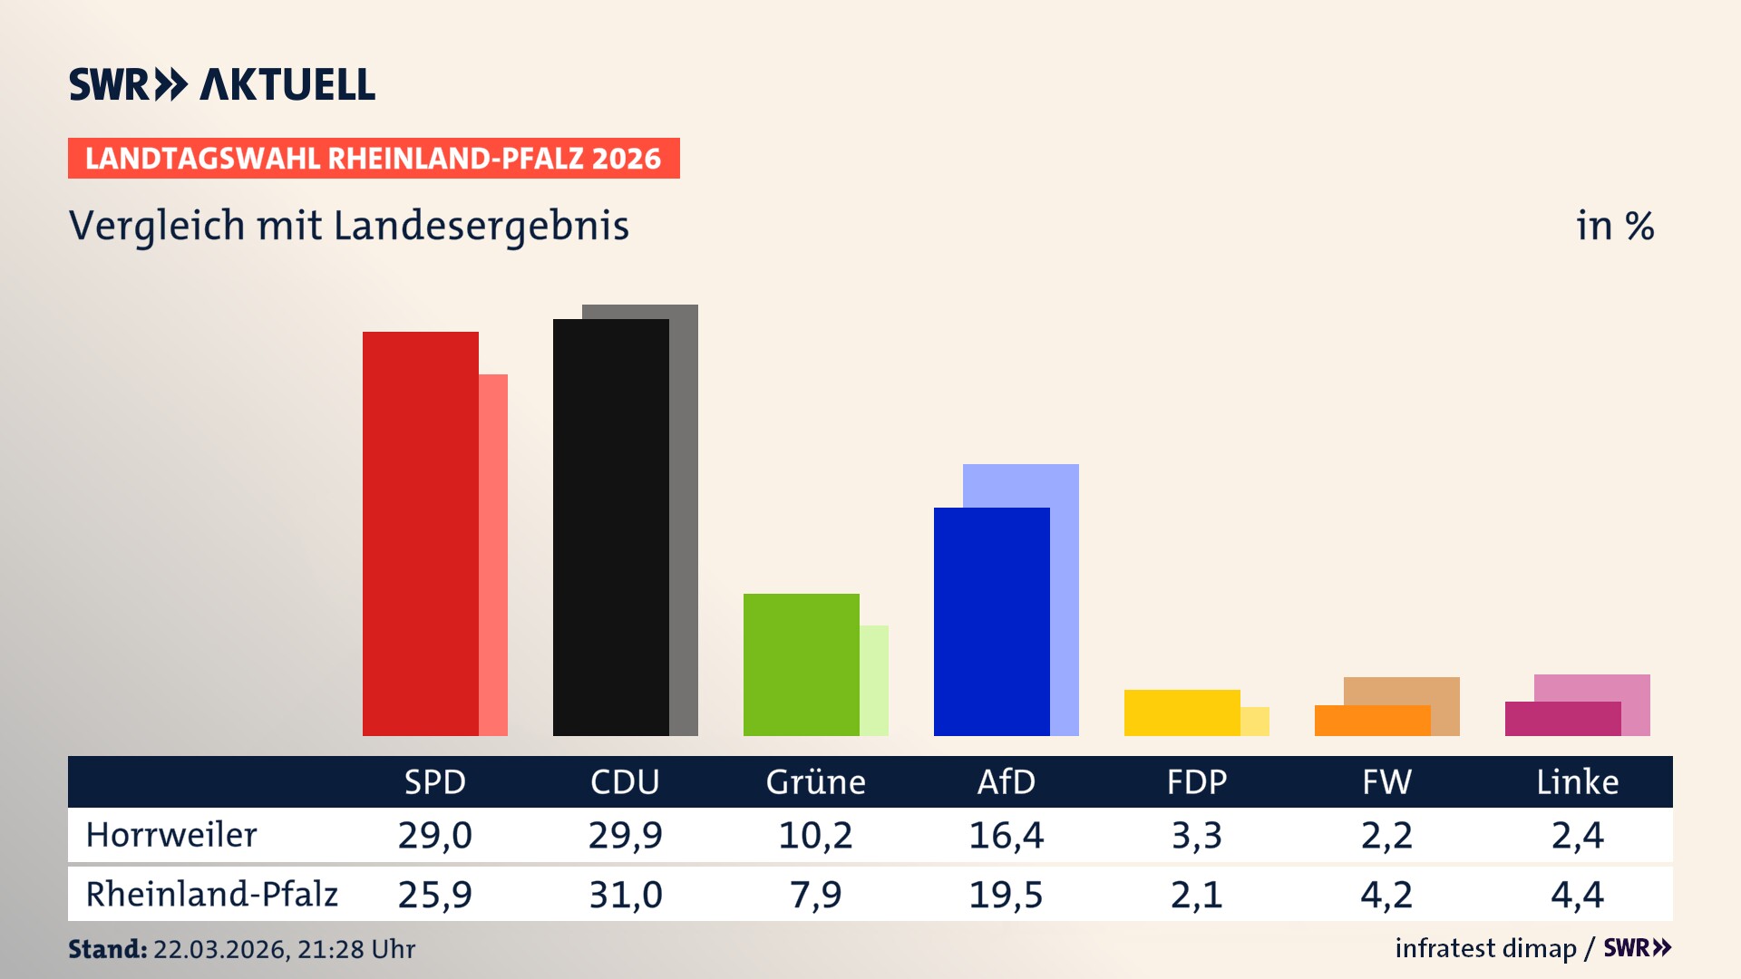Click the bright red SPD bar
[x=420, y=535]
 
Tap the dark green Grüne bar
[x=801, y=664]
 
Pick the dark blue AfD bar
[x=991, y=622]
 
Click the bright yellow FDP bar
[x=1182, y=712]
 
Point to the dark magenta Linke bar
[x=1562, y=719]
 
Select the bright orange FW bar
[x=1372, y=721]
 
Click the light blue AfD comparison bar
[x=1021, y=485]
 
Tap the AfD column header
[x=1006, y=781]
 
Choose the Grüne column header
[x=815, y=781]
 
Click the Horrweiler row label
[x=171, y=835]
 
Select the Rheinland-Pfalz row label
[x=211, y=894]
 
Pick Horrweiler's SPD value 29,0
[x=434, y=835]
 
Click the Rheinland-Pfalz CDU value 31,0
[x=625, y=895]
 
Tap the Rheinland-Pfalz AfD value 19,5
[x=1006, y=895]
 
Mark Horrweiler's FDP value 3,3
[x=1196, y=835]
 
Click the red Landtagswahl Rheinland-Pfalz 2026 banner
[x=374, y=158]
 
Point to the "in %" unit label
[x=1614, y=226]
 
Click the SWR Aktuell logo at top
[x=221, y=84]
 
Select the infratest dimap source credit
[x=1485, y=948]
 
